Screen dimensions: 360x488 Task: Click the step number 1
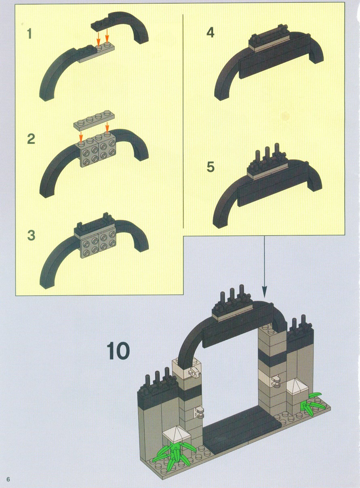coord(29,34)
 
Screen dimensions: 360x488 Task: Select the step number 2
coord(31,139)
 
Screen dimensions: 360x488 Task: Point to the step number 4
coord(210,33)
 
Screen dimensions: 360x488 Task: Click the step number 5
coord(211,167)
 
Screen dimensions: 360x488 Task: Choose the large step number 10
coord(118,351)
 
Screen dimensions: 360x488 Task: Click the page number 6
coord(8,478)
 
